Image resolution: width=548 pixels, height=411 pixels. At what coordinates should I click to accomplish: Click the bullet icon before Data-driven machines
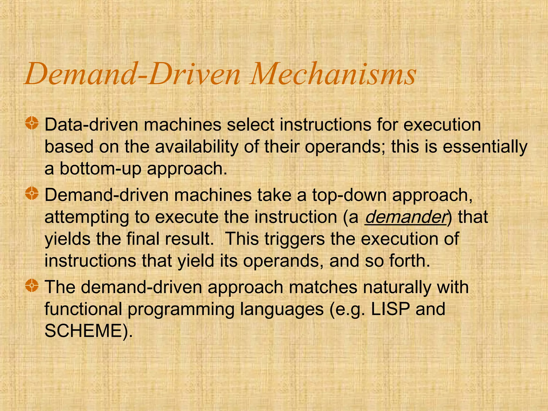[32, 123]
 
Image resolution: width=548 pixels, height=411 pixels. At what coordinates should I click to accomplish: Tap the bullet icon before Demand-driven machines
[32, 193]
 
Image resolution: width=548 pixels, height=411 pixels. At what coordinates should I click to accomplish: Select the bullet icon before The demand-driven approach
[32, 286]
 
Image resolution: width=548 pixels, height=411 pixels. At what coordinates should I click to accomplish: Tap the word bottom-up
[100, 169]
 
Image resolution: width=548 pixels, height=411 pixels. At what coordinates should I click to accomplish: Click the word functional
[83, 309]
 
